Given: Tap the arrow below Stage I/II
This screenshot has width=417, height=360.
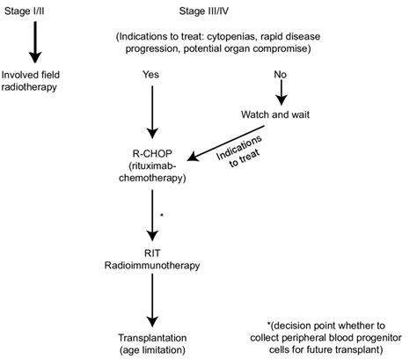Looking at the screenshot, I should click(x=36, y=41).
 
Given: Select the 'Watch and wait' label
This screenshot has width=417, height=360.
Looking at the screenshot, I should click(x=279, y=114).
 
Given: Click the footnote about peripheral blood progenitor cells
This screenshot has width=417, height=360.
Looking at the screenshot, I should click(x=327, y=343).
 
